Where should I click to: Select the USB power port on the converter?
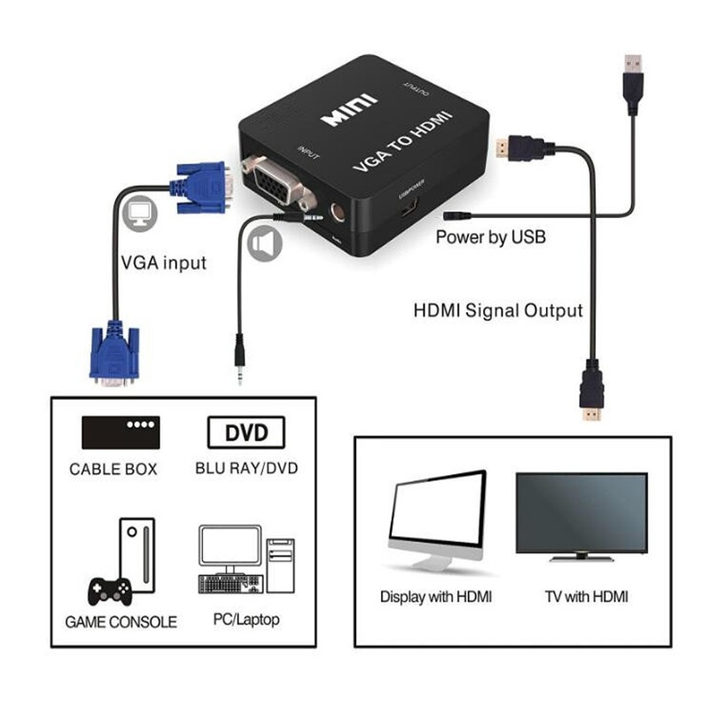(x=409, y=211)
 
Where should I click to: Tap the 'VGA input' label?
(x=163, y=263)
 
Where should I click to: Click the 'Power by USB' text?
(x=490, y=238)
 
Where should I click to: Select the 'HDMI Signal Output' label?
(x=498, y=311)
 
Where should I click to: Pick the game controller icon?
(x=110, y=589)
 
